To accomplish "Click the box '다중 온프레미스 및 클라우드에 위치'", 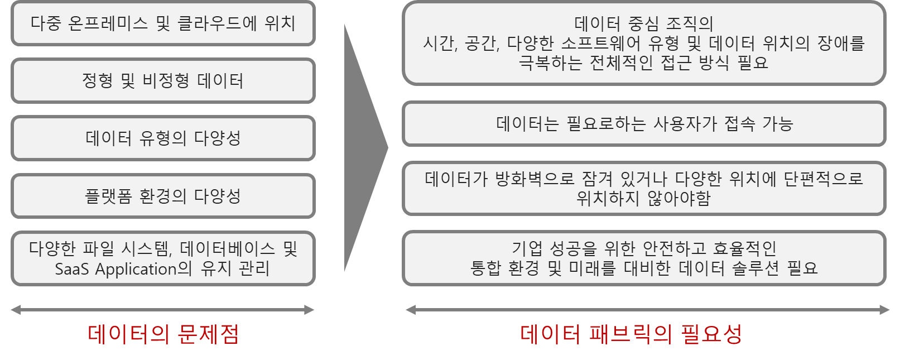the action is click(163, 23).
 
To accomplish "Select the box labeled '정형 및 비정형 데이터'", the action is click(163, 81).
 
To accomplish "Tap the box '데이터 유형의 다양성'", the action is click(163, 138).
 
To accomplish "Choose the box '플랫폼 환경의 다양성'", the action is click(163, 196).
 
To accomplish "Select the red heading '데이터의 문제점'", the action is click(163, 334).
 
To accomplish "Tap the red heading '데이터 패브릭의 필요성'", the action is click(631, 334).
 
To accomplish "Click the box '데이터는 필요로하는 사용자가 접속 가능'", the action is click(644, 123).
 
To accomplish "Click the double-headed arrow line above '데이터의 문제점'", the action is click(163, 310).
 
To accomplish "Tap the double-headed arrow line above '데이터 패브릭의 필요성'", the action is click(647, 310).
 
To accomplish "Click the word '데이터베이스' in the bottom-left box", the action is click(228, 248).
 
